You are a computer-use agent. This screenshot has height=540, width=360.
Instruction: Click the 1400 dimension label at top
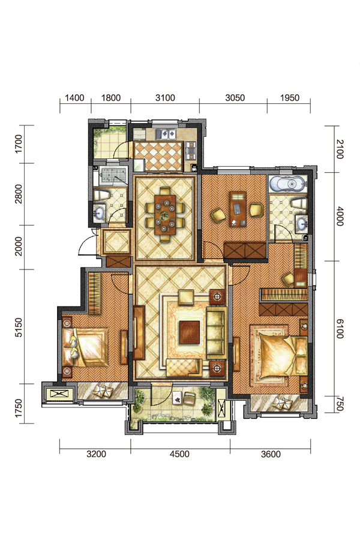[x=74, y=98]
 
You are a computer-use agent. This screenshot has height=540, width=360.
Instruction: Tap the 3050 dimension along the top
[x=235, y=98]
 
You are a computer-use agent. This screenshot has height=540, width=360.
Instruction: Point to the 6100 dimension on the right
[x=340, y=329]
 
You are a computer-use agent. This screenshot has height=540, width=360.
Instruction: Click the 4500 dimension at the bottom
[x=179, y=454]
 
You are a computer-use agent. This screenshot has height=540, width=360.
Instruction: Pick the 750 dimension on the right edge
[x=340, y=404]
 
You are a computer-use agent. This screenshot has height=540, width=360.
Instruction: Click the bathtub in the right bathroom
[x=287, y=183]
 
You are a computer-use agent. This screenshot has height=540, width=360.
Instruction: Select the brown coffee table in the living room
[x=189, y=332]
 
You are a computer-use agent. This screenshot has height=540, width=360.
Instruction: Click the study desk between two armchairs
[x=238, y=209]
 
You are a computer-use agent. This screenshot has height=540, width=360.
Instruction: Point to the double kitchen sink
[x=166, y=134]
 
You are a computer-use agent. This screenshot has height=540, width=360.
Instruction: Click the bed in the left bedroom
[x=86, y=347]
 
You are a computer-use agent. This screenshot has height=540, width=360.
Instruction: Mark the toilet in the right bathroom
[x=299, y=203]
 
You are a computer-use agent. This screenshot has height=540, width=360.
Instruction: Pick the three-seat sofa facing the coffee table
[x=216, y=332]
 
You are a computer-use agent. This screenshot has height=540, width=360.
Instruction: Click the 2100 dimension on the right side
[x=340, y=149]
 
